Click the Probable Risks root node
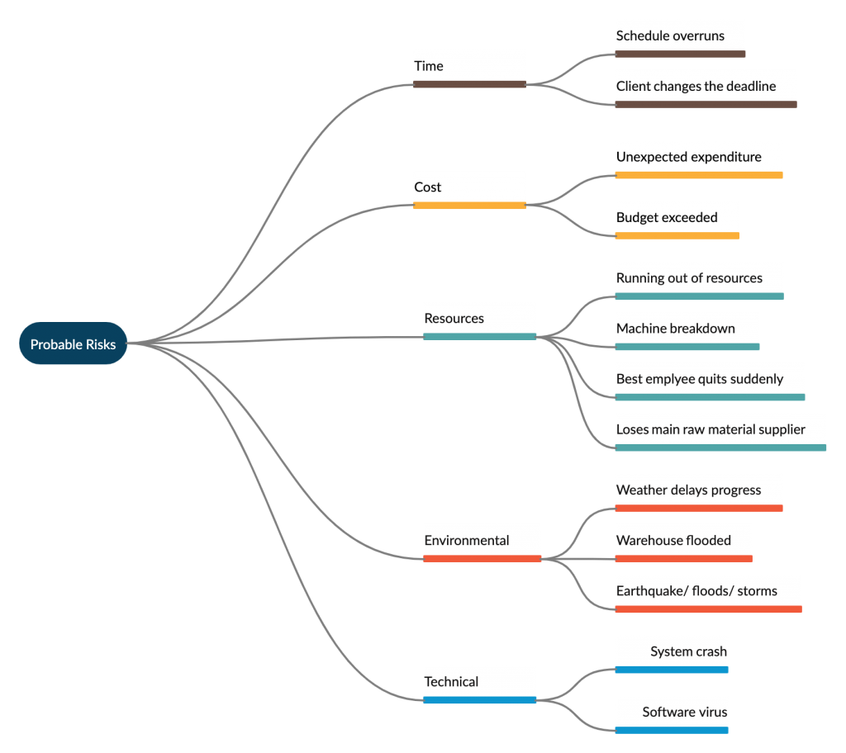click(x=73, y=343)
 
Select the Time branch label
click(x=429, y=66)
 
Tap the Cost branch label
click(x=427, y=187)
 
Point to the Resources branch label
click(x=454, y=318)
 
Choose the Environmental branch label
click(x=466, y=541)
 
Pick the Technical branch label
click(x=451, y=682)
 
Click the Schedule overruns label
click(x=670, y=36)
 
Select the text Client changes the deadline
click(x=696, y=87)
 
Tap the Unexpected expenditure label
click(x=688, y=157)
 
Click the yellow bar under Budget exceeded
click(x=677, y=235)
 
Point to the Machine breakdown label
click(x=676, y=329)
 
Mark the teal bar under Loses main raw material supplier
click(x=720, y=448)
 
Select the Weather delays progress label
click(x=688, y=490)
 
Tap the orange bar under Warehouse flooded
click(x=683, y=559)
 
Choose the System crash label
click(x=688, y=651)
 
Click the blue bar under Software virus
click(x=672, y=731)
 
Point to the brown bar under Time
click(x=469, y=84)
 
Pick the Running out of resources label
click(x=689, y=278)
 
